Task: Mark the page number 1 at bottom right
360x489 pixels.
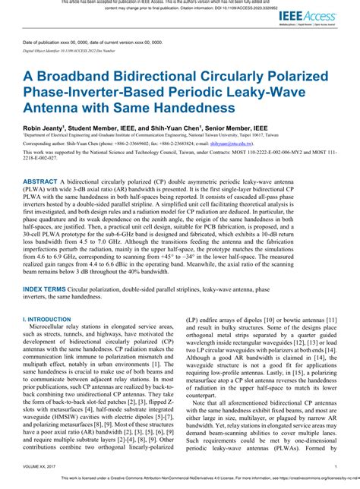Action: click(x=335, y=468)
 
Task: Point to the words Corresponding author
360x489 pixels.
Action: click(x=45, y=142)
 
